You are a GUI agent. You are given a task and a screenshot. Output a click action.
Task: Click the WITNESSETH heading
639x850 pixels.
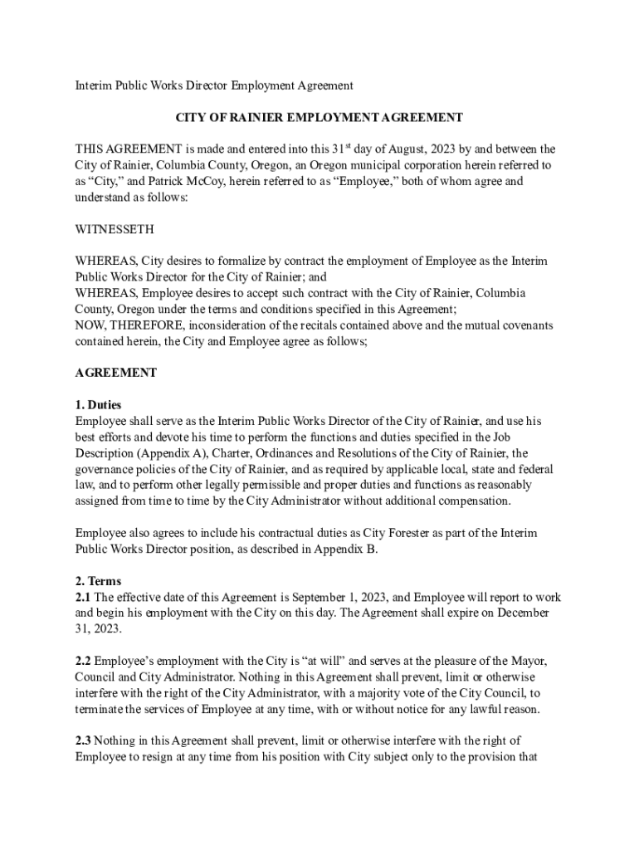(115, 228)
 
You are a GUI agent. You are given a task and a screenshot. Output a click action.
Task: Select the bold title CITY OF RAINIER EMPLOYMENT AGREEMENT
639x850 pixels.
(319, 118)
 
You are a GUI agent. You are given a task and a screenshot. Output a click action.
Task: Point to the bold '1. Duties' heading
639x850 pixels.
(98, 405)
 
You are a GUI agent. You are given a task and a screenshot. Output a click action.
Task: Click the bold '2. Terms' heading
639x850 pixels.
(98, 581)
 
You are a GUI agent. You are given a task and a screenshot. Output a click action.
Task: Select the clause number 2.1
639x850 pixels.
(84, 597)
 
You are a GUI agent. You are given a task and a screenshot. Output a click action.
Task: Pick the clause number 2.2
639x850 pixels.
(84, 661)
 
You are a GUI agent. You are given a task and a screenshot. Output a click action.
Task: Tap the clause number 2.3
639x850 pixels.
(84, 740)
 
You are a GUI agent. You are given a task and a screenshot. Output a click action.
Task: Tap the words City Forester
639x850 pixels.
(410, 533)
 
